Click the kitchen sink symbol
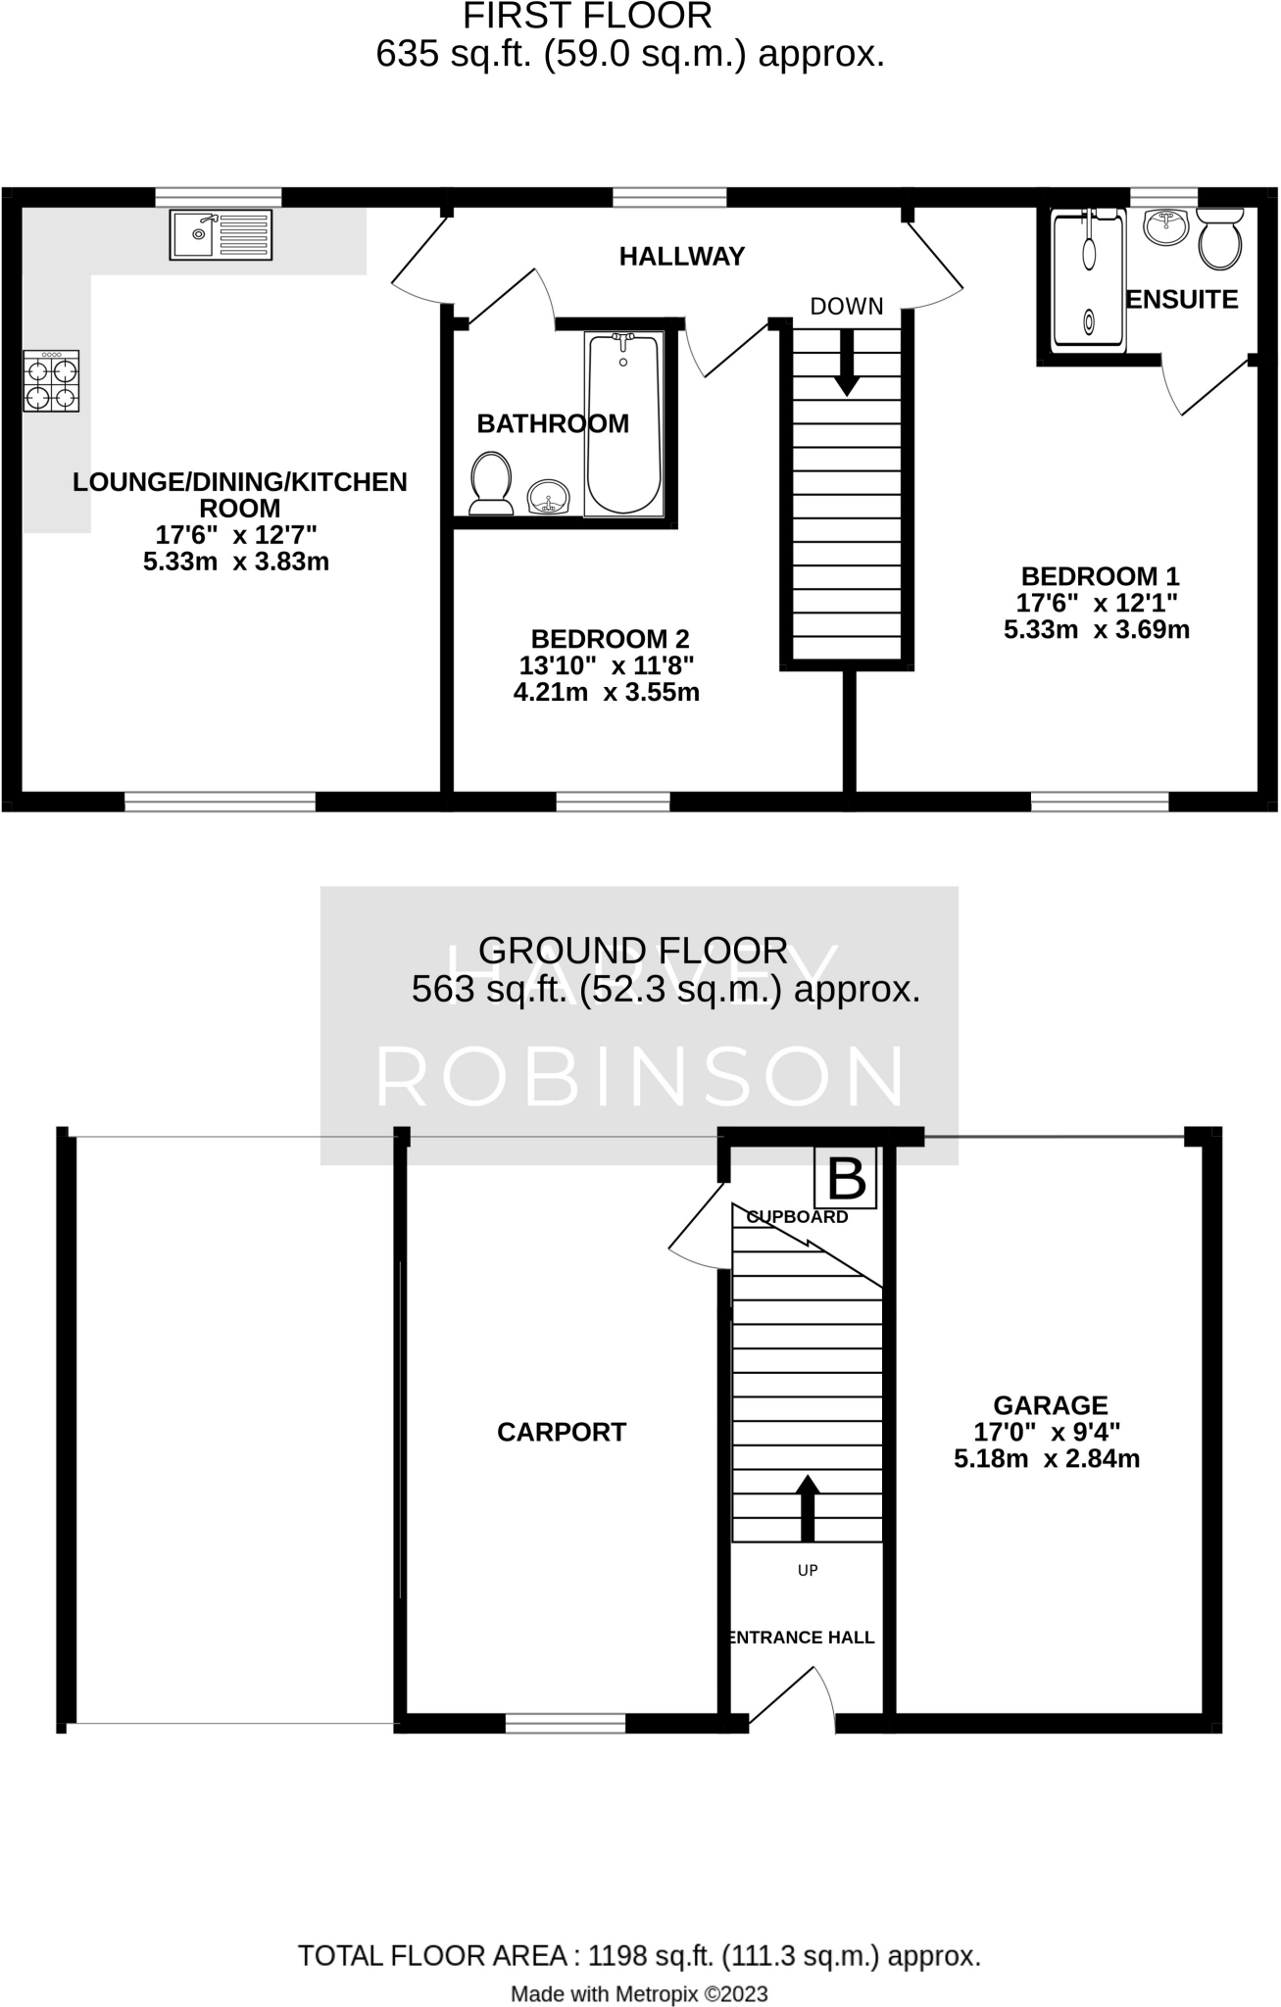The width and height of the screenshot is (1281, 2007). [x=221, y=235]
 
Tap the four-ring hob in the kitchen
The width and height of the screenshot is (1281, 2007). [x=52, y=382]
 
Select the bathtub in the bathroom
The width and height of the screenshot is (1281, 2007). [x=623, y=423]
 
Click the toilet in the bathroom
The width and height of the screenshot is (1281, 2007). [x=491, y=481]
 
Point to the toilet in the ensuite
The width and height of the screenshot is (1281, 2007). [x=1219, y=237]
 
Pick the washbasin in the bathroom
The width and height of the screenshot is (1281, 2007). [x=549, y=499]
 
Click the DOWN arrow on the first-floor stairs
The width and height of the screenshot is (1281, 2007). [x=846, y=363]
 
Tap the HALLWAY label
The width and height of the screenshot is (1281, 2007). [x=682, y=257]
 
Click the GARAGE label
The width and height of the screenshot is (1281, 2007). [x=1050, y=1405]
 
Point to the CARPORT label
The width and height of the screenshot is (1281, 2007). [x=562, y=1433]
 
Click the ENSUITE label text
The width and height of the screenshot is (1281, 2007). [x=1182, y=300]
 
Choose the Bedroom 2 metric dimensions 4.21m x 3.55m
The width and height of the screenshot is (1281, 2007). [x=607, y=693]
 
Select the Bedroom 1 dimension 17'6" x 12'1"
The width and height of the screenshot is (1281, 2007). [x=1098, y=603]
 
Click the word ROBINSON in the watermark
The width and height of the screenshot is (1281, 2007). [x=640, y=1077]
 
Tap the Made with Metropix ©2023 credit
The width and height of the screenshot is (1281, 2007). [x=639, y=1993]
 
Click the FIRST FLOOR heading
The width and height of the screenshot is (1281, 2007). [x=587, y=17]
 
